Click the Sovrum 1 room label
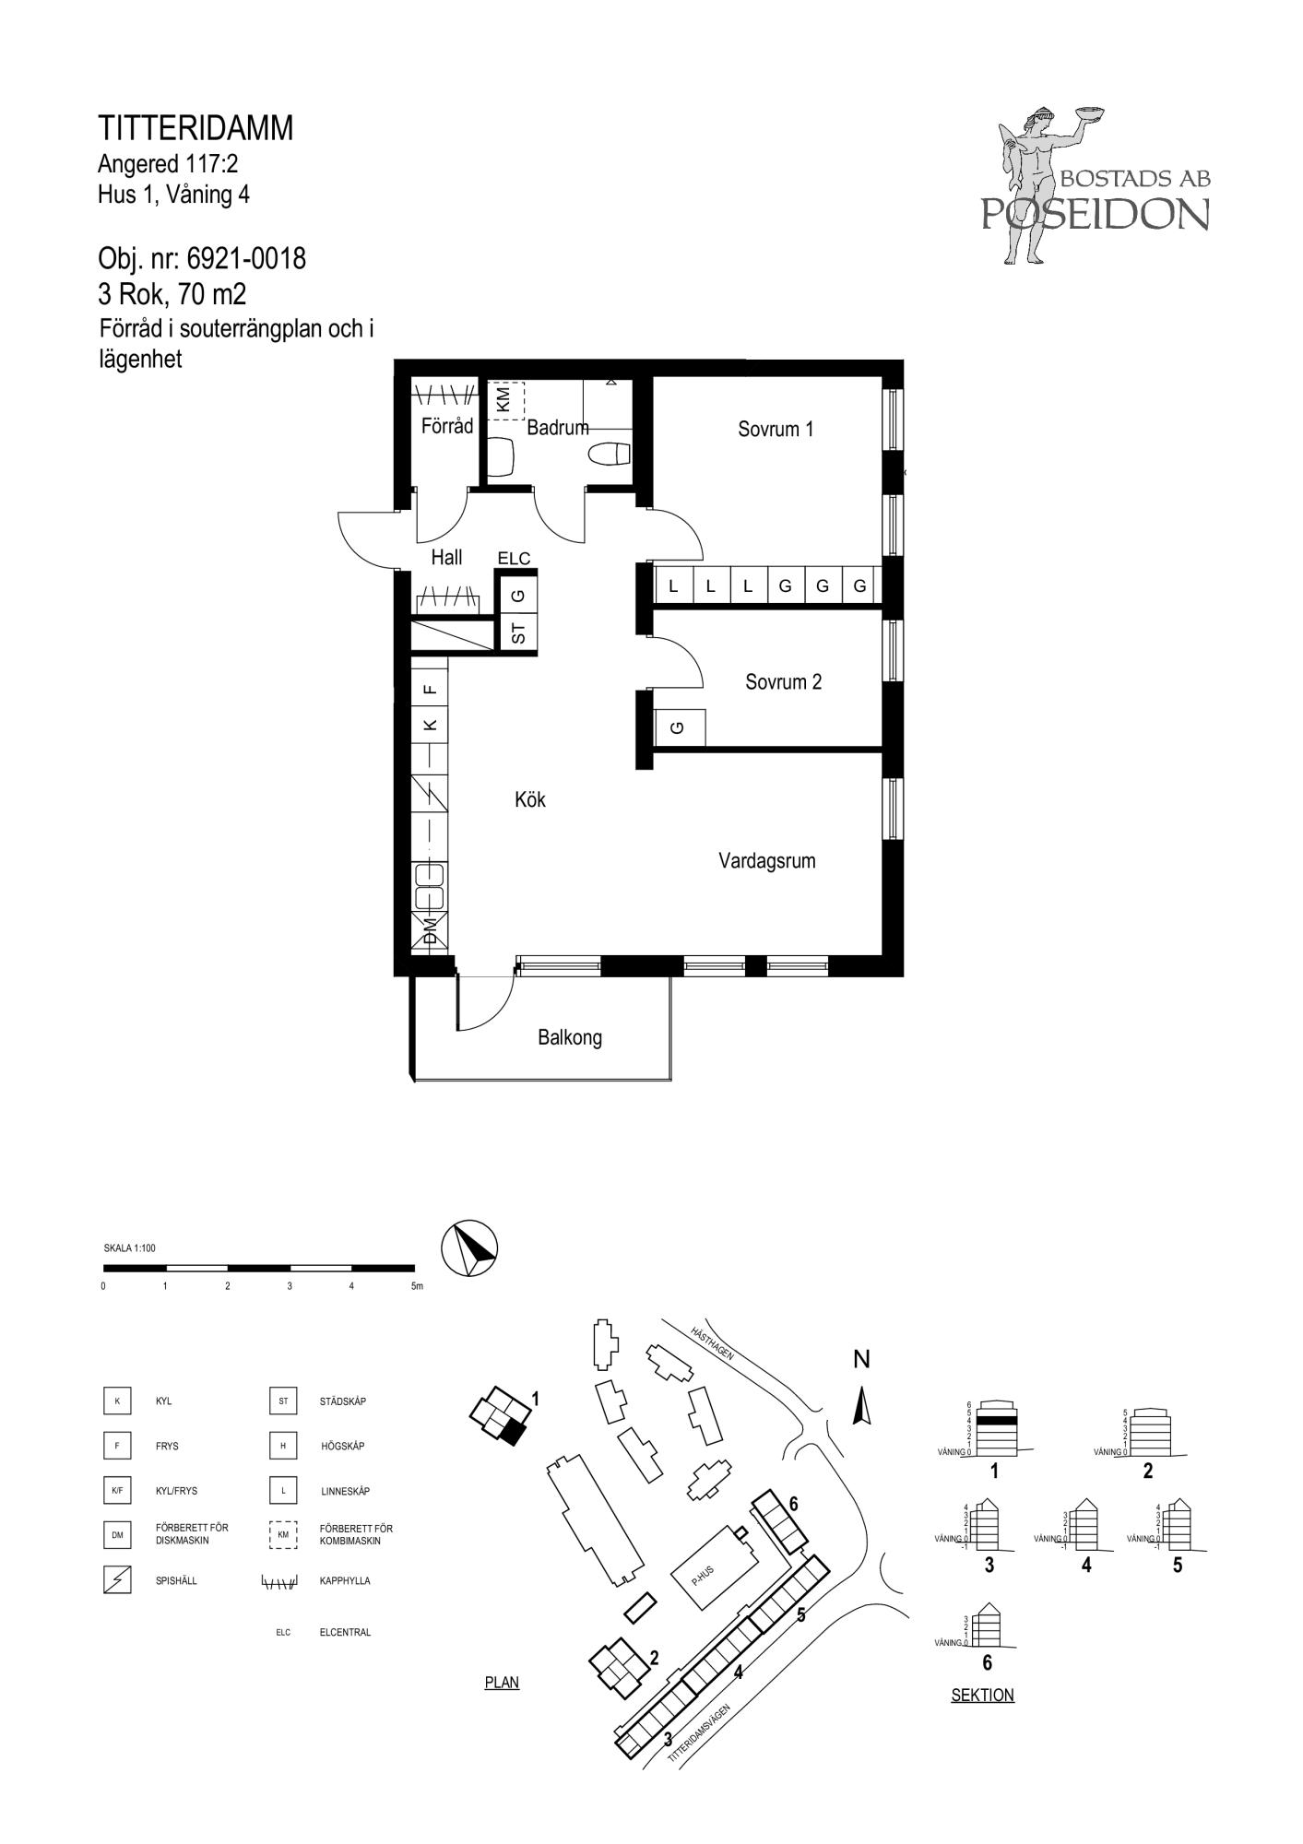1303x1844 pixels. click(x=776, y=429)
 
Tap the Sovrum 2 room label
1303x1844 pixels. click(x=783, y=682)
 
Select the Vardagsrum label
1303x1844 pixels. click(x=767, y=861)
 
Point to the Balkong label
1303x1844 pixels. click(x=570, y=1038)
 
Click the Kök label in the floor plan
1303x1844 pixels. click(x=530, y=799)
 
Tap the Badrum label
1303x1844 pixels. click(x=558, y=428)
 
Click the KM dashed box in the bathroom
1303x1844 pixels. click(x=504, y=401)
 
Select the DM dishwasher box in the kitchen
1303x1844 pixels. click(x=430, y=930)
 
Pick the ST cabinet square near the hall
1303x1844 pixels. click(x=518, y=633)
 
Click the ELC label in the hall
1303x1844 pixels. click(x=514, y=558)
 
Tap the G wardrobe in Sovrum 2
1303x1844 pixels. click(x=680, y=727)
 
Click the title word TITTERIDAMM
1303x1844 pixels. click(x=195, y=128)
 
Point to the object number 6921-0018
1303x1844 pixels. click(x=246, y=259)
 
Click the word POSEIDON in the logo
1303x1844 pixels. click(x=1095, y=214)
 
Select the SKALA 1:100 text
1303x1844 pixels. click(x=130, y=1248)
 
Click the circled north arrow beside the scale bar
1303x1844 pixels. click(x=470, y=1249)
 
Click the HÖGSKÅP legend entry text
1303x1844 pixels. click(x=342, y=1446)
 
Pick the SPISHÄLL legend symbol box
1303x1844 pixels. click(x=117, y=1580)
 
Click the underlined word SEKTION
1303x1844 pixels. click(x=982, y=1695)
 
